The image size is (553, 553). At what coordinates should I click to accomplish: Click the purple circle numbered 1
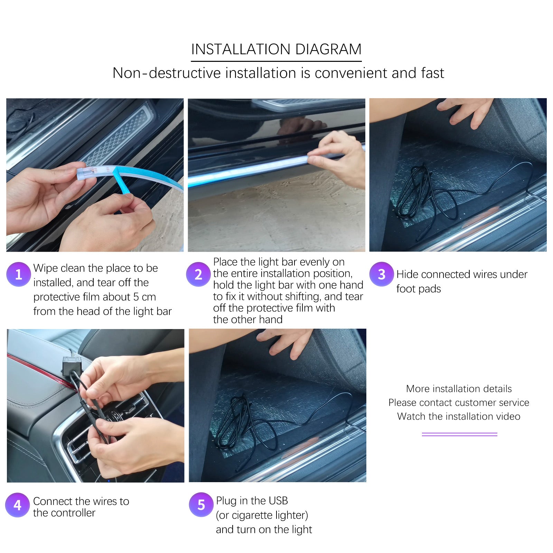[19, 274]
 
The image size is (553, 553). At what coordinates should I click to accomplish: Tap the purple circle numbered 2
[198, 274]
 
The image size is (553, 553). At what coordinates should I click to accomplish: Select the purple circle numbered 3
[382, 274]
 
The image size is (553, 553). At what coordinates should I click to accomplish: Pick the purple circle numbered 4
[17, 505]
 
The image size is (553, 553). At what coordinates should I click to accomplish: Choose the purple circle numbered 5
[201, 505]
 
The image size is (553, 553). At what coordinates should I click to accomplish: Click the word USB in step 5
[278, 500]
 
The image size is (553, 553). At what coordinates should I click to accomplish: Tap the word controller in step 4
[73, 513]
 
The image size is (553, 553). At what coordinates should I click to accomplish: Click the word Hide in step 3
[407, 274]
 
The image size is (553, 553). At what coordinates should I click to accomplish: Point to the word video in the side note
[508, 416]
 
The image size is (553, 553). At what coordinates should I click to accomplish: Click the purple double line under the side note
[460, 434]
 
